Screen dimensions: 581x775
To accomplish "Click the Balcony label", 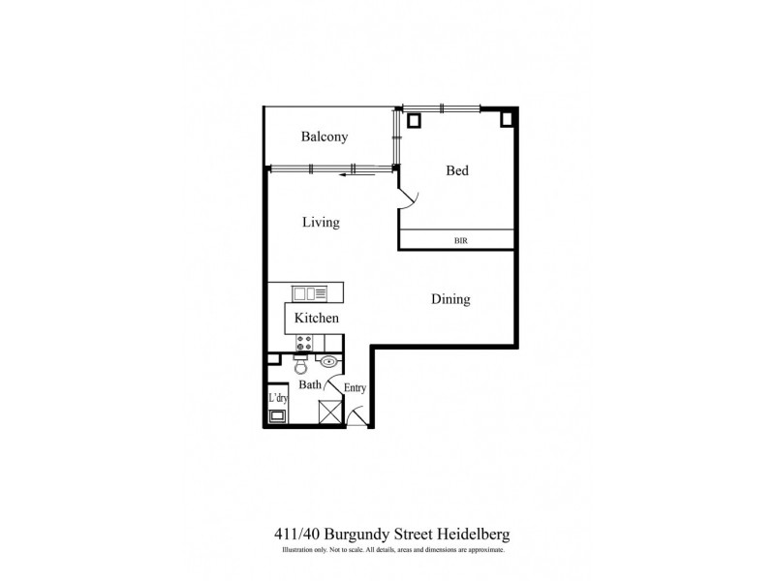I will click(324, 138).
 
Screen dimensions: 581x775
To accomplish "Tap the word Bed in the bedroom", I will click(457, 171).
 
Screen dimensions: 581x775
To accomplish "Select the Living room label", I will click(321, 223).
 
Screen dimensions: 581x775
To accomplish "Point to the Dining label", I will click(450, 299).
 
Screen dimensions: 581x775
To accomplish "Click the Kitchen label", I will click(316, 318).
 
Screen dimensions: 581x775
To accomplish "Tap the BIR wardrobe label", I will click(461, 239).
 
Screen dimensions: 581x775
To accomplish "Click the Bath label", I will click(309, 384).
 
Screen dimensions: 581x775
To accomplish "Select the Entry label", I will click(356, 388).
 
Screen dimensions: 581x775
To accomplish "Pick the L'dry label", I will click(278, 398).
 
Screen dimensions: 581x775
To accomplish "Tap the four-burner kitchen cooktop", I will click(304, 343).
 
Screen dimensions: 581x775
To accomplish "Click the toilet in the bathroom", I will click(300, 366).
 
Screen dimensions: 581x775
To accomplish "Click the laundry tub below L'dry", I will click(278, 416).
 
